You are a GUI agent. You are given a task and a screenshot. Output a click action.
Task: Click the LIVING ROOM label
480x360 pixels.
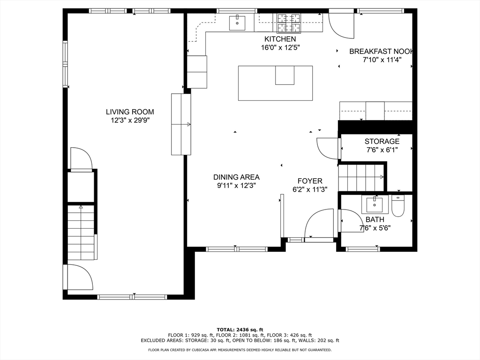[130, 112]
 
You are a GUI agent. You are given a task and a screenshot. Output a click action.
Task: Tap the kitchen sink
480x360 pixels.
[237, 22]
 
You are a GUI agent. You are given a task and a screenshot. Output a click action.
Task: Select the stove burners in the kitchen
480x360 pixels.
[288, 23]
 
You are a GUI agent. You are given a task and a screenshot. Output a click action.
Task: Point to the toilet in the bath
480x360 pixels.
[398, 206]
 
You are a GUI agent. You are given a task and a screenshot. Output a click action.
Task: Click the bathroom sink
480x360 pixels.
[375, 204]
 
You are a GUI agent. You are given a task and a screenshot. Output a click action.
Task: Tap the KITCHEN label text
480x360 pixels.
[280, 39]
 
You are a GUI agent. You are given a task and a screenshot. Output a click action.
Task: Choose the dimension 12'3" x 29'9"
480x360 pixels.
[130, 120]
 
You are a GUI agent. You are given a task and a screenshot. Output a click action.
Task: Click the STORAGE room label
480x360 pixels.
[382, 142]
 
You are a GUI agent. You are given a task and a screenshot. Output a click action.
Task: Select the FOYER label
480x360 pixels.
[310, 181]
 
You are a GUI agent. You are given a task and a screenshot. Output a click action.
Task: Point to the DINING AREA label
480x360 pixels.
[236, 177]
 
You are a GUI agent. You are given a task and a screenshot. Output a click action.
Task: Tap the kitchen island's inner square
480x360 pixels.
[285, 75]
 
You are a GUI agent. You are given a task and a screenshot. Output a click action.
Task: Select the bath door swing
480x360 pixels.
[352, 220]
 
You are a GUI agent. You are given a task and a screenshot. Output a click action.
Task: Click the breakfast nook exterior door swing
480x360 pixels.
[341, 26]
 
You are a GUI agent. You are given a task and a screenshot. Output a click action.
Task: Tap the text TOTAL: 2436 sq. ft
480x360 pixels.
[240, 330]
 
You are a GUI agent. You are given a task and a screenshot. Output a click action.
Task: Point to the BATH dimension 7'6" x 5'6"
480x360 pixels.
[375, 228]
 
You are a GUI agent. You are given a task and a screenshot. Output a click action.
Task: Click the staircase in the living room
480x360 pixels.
[81, 232]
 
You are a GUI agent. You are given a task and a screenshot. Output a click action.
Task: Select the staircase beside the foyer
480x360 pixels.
[361, 178]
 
